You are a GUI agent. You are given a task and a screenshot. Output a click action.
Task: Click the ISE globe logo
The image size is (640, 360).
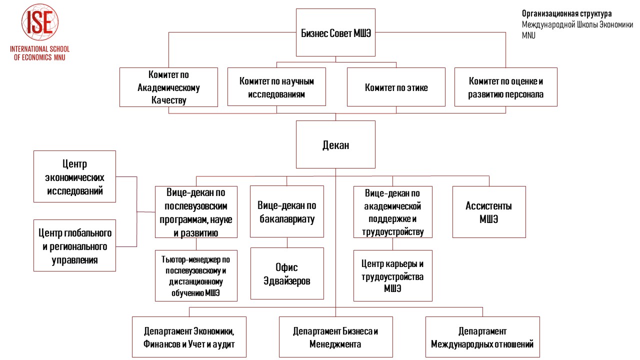pos(40,22)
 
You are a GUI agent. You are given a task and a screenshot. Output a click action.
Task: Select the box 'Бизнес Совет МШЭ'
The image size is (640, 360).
pos(335,32)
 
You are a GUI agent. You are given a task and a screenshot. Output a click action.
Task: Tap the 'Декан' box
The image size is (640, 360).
pos(335,144)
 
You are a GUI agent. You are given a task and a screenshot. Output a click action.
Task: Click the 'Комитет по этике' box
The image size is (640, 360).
pos(396,87)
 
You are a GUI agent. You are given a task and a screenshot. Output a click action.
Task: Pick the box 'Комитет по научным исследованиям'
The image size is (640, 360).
pos(276,87)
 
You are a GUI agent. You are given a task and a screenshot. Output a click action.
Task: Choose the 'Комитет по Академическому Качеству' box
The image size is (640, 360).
pos(168,87)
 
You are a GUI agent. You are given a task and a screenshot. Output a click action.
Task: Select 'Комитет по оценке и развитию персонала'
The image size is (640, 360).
pos(505,87)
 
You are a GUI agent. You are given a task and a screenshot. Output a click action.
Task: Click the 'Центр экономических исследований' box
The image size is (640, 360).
pos(74,176)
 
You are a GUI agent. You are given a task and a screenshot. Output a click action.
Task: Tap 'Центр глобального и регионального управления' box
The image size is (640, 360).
pos(74,245)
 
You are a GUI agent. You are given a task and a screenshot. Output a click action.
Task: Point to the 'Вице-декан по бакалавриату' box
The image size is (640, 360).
pos(287,211)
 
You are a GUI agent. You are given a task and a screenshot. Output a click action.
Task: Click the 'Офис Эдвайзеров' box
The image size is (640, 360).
pos(287,273)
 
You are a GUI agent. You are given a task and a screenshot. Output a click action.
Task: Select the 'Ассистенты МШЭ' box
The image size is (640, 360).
pos(489,212)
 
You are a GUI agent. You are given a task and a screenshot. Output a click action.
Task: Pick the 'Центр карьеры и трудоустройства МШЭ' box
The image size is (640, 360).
pos(393,275)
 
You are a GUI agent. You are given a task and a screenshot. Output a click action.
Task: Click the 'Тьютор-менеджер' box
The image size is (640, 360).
pos(196,275)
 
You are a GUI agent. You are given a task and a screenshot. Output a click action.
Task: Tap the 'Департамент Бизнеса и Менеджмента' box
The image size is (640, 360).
pos(335,337)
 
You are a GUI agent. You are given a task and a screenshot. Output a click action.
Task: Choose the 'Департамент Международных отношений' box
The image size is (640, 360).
pos(482,337)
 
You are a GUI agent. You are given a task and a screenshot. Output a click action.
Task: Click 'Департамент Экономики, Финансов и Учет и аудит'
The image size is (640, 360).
pos(189,337)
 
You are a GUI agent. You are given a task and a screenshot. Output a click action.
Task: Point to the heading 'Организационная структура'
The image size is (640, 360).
pos(567,13)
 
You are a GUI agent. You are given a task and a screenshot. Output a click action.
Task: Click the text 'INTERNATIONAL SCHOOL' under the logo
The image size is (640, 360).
pos(39,49)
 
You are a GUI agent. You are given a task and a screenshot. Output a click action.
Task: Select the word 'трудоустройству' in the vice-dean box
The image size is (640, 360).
pos(393,231)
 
